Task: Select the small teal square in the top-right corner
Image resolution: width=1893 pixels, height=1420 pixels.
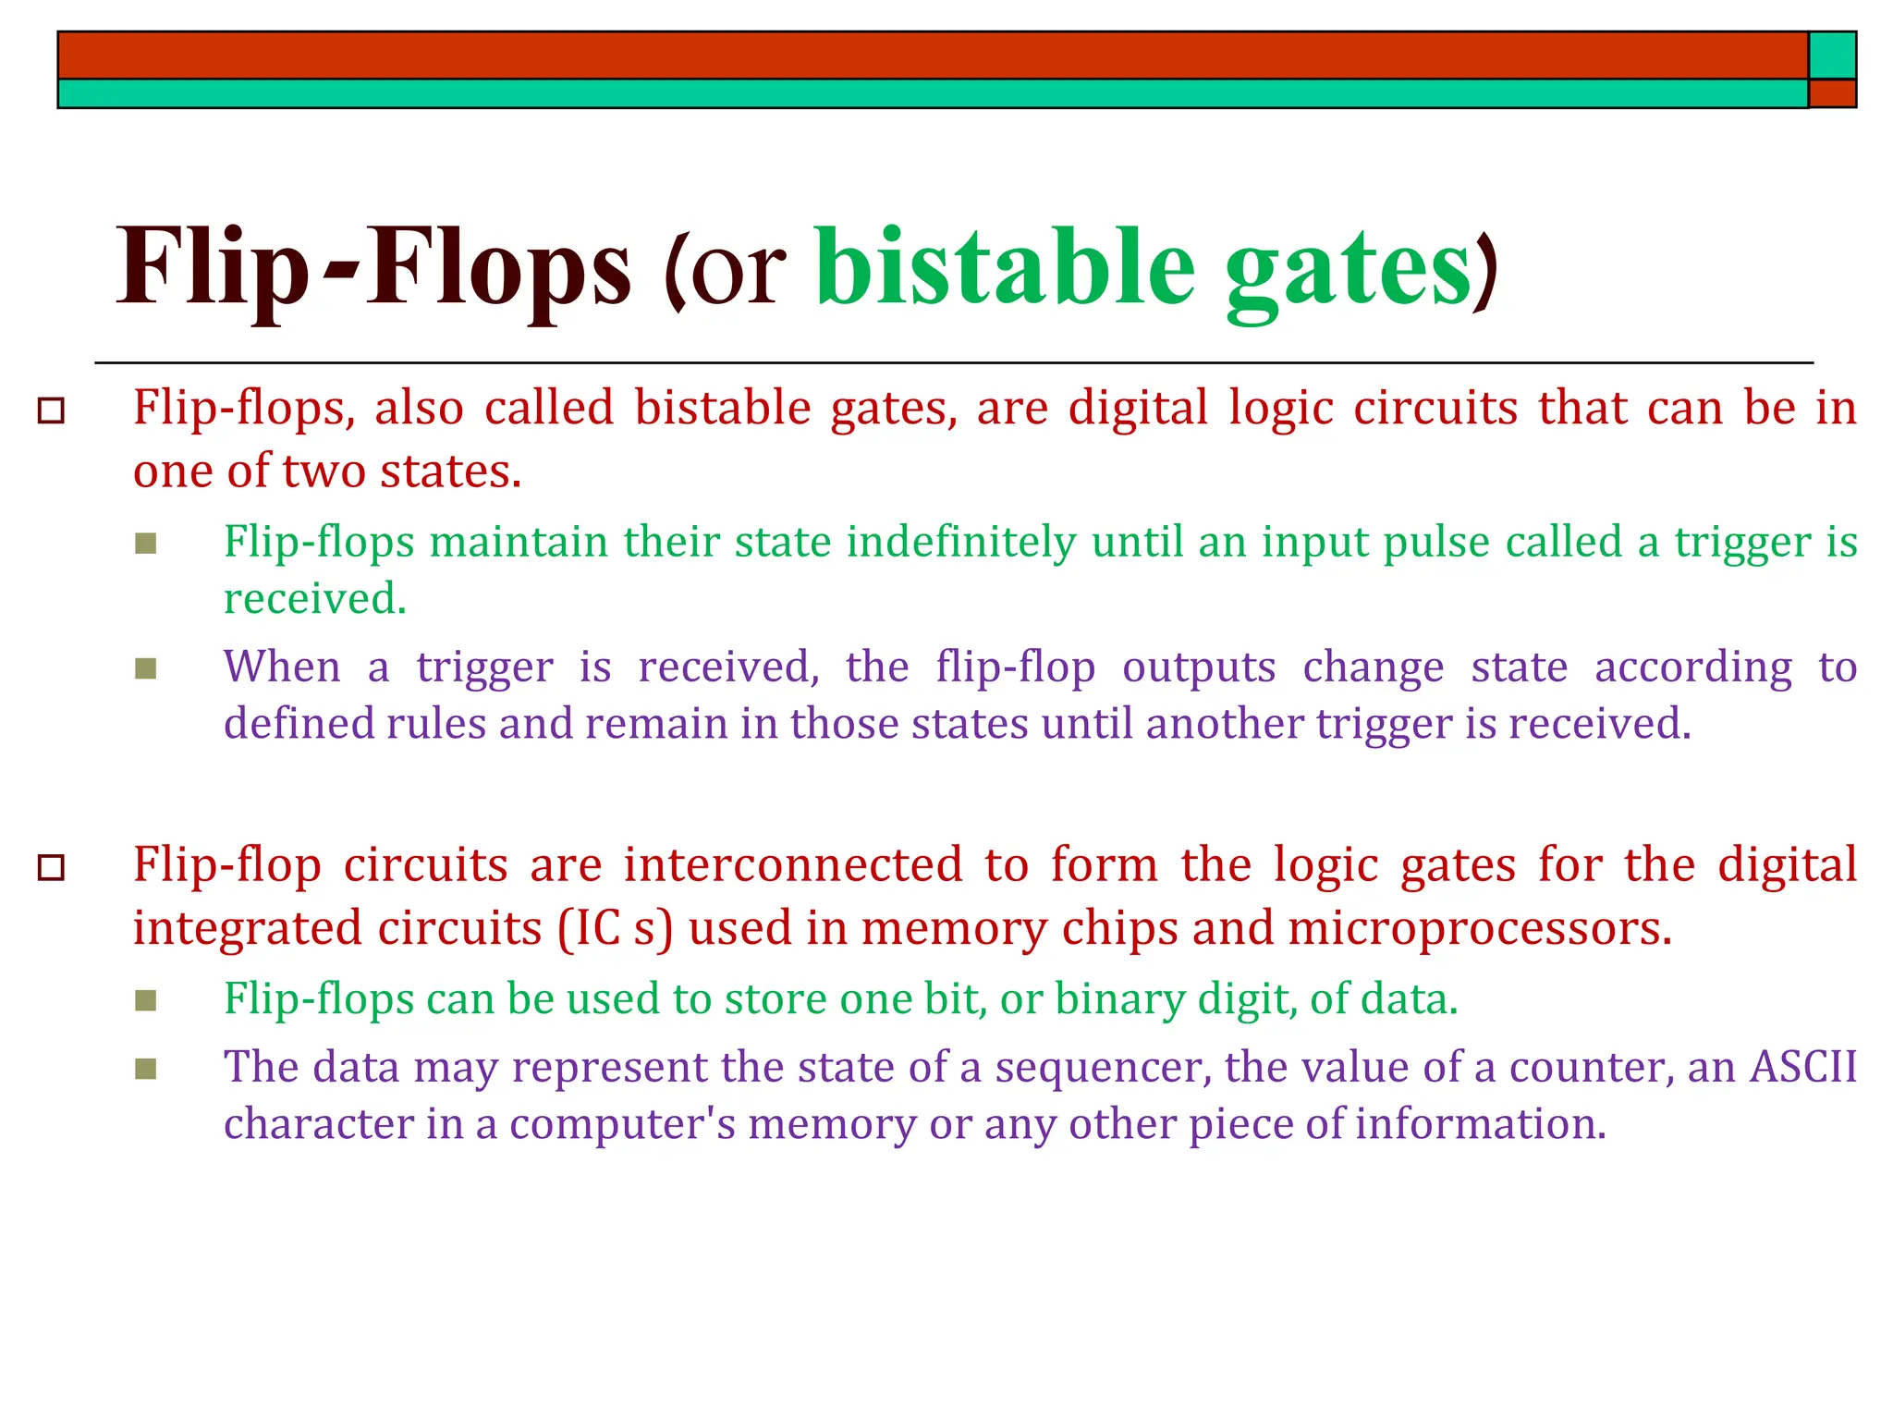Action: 1832,55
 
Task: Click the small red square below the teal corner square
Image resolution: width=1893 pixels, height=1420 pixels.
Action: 1832,93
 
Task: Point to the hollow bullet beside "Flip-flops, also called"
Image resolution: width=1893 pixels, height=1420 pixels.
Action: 52,410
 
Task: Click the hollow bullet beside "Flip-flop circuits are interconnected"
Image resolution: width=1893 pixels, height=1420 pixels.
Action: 52,867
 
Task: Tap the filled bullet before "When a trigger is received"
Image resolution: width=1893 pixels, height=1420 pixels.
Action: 145,667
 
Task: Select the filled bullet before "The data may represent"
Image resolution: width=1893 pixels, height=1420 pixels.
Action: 145,1069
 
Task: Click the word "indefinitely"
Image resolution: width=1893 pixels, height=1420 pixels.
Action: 961,542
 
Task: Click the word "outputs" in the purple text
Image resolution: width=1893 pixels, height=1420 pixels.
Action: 1199,667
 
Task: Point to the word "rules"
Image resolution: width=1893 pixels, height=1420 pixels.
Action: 436,724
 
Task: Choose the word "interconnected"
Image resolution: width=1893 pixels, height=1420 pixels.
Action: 793,865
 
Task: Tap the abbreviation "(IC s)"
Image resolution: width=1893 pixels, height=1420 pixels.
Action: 615,928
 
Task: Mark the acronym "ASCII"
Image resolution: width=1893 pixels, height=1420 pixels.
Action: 1803,1067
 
